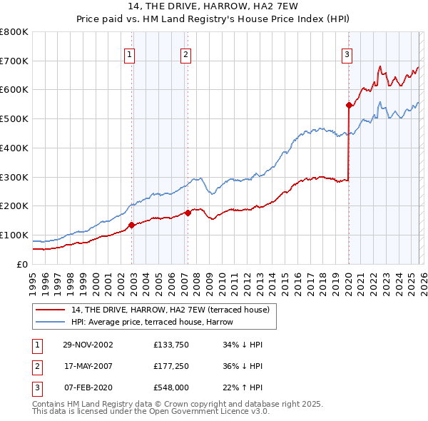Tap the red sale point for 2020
tap(349, 105)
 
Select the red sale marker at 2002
tap(132, 225)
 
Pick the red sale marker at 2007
tap(188, 212)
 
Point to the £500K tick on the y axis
tap(14, 118)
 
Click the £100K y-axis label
tap(14, 235)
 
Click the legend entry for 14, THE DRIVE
tap(170, 310)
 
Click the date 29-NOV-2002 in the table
tap(88, 345)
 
